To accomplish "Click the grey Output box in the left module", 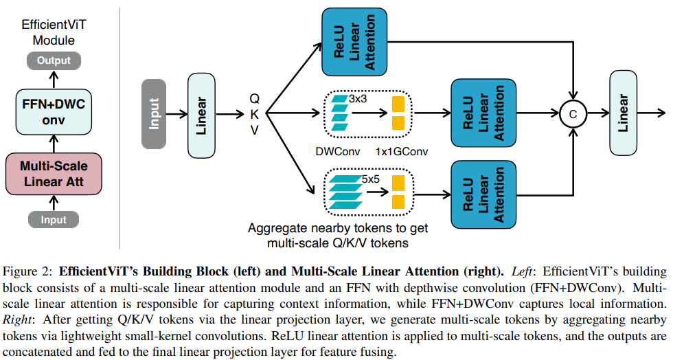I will click(54, 60).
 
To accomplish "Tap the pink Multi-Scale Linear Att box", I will click(54, 174).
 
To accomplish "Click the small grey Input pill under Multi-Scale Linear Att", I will click(54, 220).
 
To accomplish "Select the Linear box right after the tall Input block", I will click(202, 113).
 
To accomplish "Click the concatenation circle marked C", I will click(573, 114).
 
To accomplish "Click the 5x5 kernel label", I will click(371, 179).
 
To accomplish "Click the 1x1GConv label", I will click(402, 150).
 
